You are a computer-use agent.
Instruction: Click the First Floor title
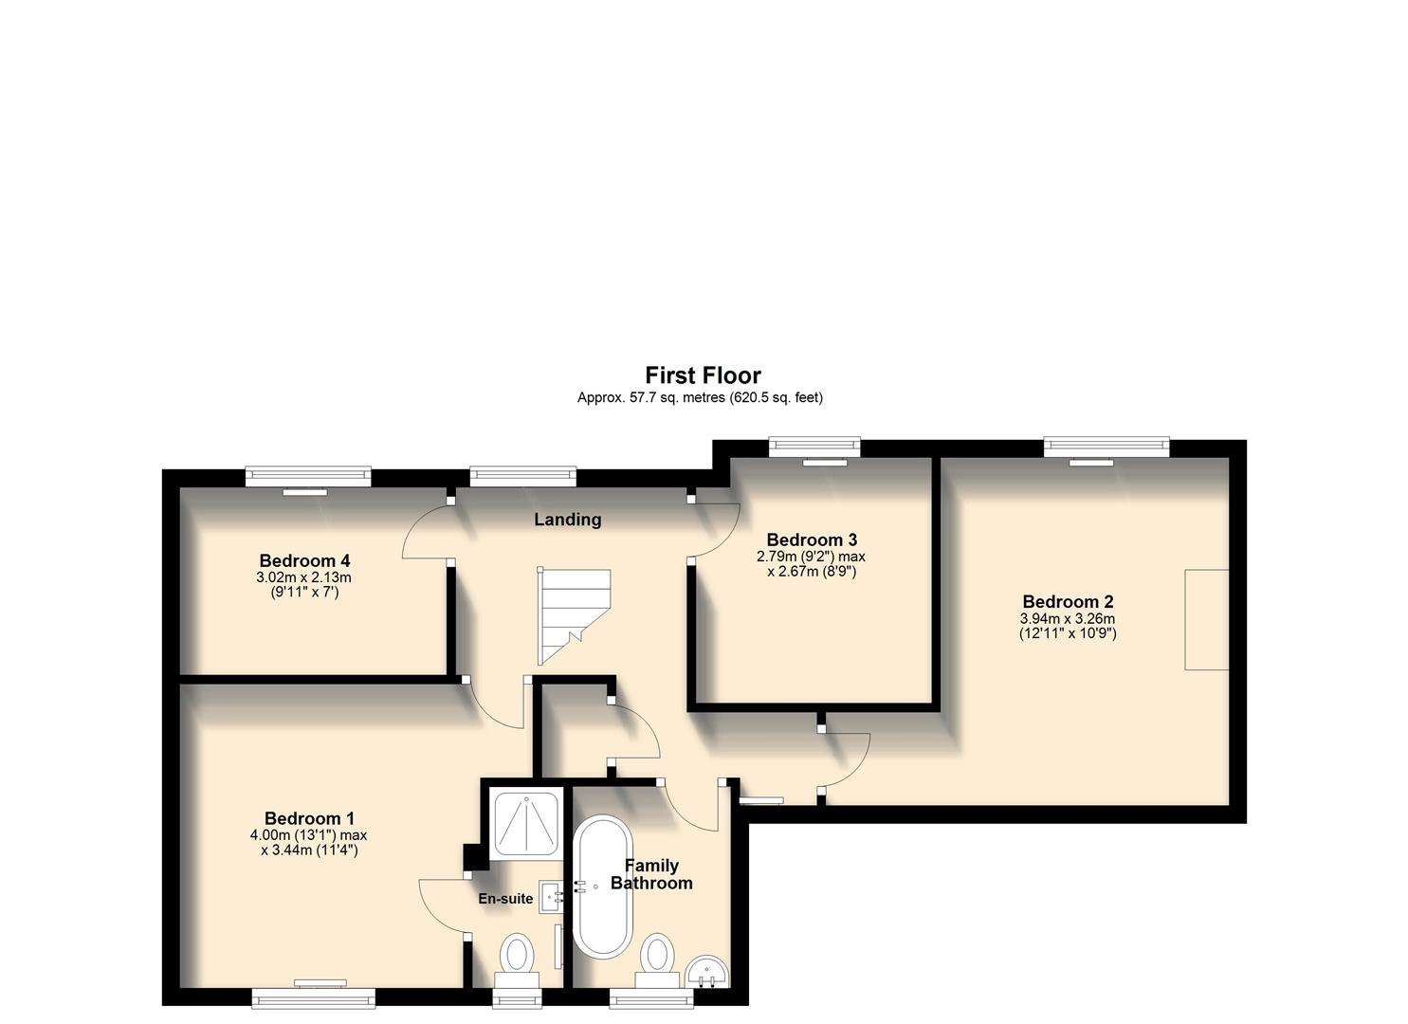click(x=703, y=375)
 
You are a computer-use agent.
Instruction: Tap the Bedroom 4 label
click(x=304, y=560)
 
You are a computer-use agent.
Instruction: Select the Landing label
click(x=567, y=520)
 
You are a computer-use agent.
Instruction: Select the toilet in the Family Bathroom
click(x=657, y=956)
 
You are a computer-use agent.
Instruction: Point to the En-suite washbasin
click(x=551, y=896)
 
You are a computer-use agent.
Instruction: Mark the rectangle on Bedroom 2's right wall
click(x=1206, y=619)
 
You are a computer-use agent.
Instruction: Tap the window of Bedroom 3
click(x=814, y=444)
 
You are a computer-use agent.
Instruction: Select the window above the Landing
click(x=523, y=475)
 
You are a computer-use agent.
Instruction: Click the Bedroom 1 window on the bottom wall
click(x=313, y=996)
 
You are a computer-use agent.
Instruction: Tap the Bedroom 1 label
click(x=309, y=818)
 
